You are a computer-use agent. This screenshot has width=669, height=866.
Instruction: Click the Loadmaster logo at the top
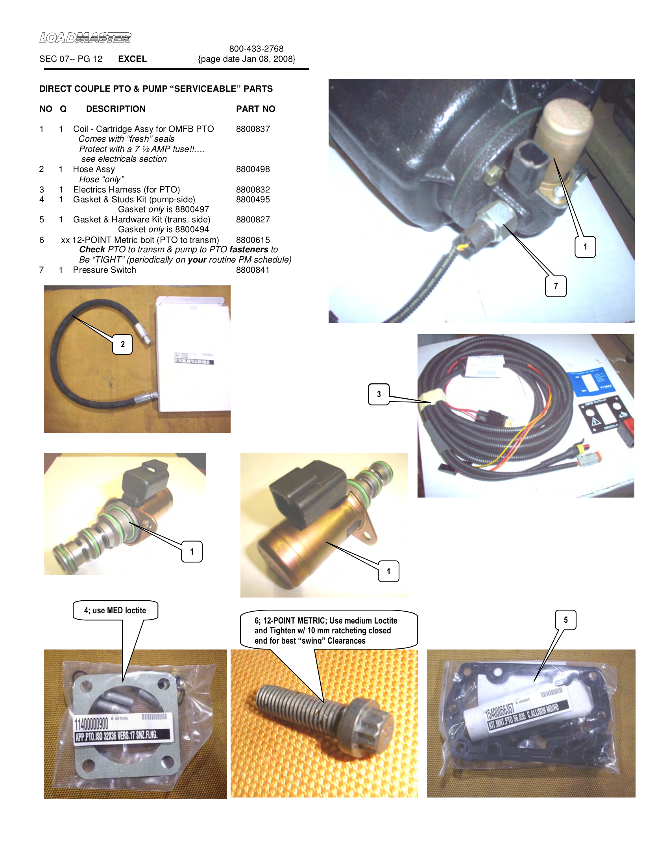85,38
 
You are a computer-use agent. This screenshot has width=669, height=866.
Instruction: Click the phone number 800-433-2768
256,49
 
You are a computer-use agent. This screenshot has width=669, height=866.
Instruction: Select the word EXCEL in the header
132,59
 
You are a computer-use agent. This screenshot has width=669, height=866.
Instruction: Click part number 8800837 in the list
253,129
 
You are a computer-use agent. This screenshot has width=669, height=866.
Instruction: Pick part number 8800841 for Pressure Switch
253,270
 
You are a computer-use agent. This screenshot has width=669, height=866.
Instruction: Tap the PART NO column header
255,109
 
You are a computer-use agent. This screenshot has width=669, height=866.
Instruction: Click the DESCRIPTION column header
115,109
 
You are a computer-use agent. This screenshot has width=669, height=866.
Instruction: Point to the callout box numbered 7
555,286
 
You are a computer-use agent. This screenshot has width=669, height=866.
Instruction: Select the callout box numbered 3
379,394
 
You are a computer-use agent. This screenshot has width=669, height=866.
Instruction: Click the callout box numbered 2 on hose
122,344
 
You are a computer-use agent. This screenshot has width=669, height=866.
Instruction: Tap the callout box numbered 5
566,620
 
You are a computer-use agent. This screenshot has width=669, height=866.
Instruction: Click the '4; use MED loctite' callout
115,610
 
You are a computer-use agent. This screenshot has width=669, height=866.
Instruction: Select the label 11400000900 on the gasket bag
92,724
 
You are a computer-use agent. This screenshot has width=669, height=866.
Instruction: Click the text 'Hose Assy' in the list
94,169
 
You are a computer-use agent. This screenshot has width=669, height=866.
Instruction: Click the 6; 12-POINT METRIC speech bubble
329,630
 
